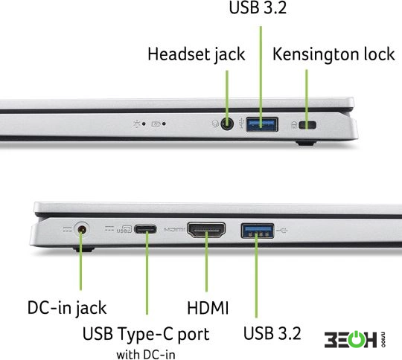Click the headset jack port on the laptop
(x=227, y=124)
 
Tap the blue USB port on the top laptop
(x=262, y=124)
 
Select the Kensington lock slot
(x=307, y=125)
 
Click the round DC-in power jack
(x=82, y=229)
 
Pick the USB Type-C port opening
(x=145, y=229)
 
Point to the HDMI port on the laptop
(x=206, y=230)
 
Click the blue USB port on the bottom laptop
(x=257, y=231)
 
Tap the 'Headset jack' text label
(x=197, y=55)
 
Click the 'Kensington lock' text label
(x=334, y=54)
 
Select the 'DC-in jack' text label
(x=67, y=308)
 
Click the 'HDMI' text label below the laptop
(x=208, y=308)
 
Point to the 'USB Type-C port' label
(x=146, y=334)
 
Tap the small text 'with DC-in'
(x=146, y=355)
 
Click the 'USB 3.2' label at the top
(x=258, y=7)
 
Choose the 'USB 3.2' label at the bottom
(x=272, y=333)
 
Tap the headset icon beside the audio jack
(x=215, y=123)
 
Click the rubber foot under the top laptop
(x=306, y=143)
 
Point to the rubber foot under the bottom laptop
(x=83, y=249)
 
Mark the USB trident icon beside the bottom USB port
(x=281, y=231)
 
